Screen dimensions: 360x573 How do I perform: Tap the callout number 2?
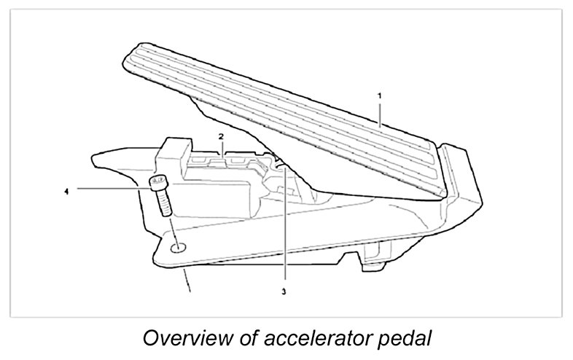coord(220,136)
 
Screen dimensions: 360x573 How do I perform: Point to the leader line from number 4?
coord(109,189)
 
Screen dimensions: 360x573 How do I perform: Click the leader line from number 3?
coord(284,233)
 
